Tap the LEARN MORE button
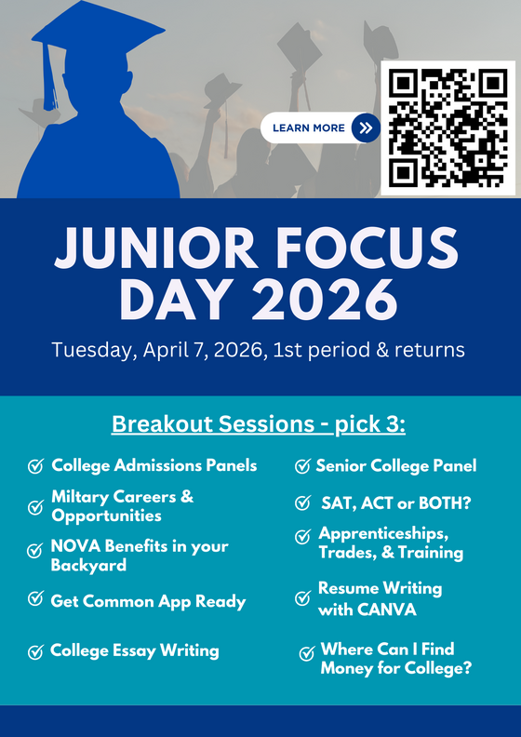coord(309,128)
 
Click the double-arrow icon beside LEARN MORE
coord(367,128)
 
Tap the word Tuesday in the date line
coord(89,351)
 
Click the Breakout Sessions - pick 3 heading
coord(260,424)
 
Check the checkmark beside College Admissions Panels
coord(36,466)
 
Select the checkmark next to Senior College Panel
coord(302,466)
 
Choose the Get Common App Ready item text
coord(148,601)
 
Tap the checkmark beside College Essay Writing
coord(36,651)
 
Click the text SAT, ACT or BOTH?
coord(391,503)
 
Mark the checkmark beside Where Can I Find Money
coord(306,653)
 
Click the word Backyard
coord(89,565)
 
